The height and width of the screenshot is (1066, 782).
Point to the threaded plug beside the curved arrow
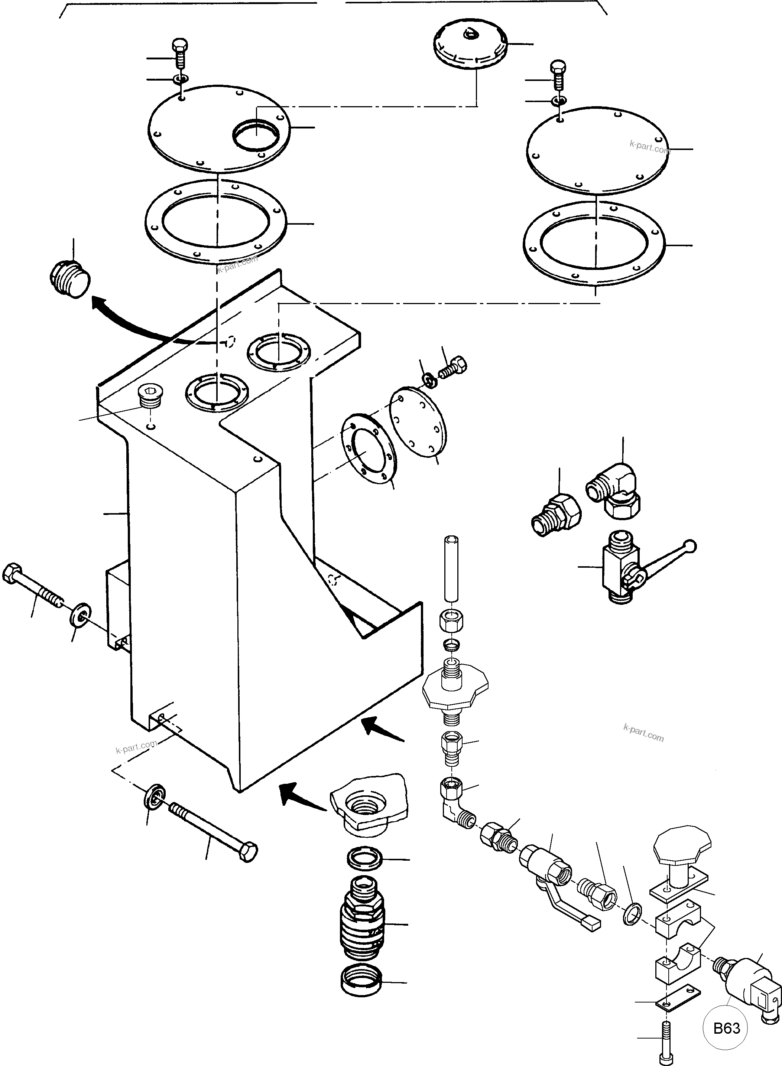[x=69, y=279]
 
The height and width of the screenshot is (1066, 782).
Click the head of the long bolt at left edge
[x=10, y=574]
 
